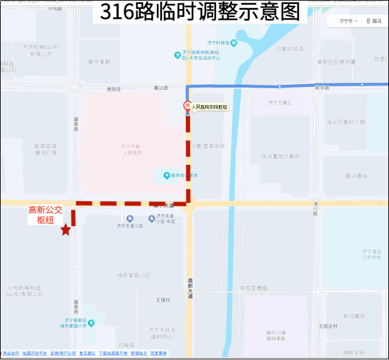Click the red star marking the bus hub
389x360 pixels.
(x=65, y=230)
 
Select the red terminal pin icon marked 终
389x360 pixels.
(x=187, y=106)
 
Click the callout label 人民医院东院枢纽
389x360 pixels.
(x=210, y=107)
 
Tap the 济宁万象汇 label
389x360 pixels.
(x=279, y=103)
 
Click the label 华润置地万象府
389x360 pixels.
(x=280, y=157)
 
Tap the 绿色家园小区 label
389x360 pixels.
(x=133, y=275)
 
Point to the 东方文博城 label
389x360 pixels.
(x=253, y=288)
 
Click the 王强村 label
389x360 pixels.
(x=163, y=300)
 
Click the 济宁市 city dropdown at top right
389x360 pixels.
(x=348, y=21)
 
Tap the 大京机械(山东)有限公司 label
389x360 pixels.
(x=40, y=51)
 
